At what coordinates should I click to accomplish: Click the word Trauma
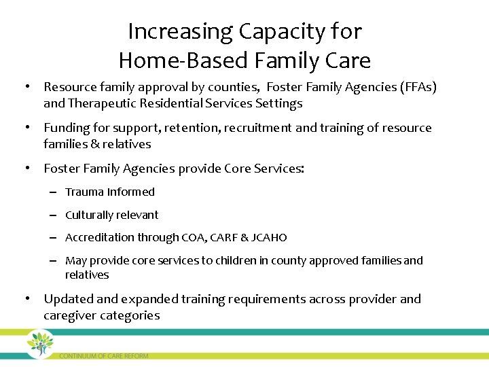[84, 192]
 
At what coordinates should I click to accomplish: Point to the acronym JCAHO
[269, 238]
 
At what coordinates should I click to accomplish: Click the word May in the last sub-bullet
[76, 261]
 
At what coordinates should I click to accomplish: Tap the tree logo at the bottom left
[40, 344]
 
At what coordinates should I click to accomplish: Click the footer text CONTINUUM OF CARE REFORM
[103, 355]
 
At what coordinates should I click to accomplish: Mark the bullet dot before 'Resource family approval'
[26, 87]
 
